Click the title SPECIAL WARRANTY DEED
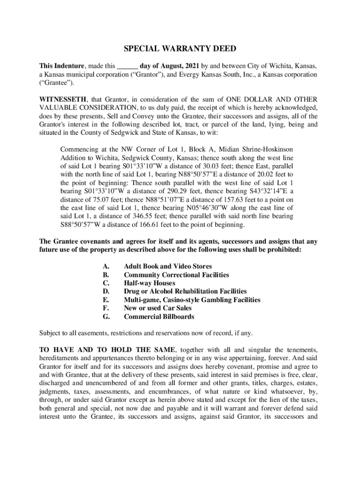coord(180,49)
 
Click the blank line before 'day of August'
coord(127,66)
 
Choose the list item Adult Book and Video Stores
coord(168,266)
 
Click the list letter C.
coord(106,283)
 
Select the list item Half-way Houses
coord(150,283)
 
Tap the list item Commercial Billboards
coord(159,317)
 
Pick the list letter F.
coord(106,308)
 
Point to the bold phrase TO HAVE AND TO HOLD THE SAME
coord(107,350)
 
